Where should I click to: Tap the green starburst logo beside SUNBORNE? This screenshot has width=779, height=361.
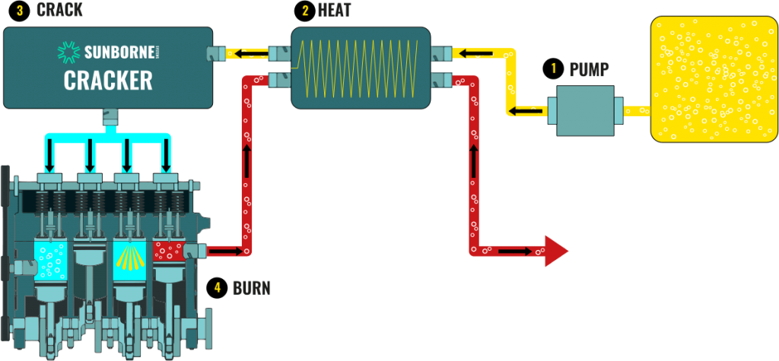68,52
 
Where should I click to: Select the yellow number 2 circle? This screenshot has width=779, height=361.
305,11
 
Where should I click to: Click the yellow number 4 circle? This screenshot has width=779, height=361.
217,287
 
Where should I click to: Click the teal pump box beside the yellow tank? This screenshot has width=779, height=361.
585,111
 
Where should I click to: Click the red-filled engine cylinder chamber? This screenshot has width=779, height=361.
168,251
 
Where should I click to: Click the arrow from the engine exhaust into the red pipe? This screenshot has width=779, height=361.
223,250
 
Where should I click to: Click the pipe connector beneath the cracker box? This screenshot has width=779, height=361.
108,118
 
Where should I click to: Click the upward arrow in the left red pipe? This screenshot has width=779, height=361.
246,159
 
